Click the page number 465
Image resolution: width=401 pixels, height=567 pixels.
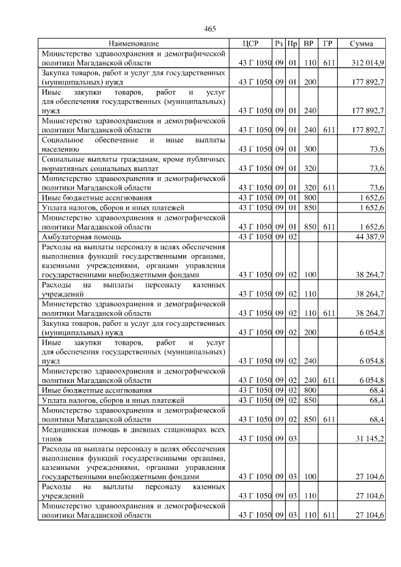point(210,29)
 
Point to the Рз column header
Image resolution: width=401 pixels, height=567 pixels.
point(279,44)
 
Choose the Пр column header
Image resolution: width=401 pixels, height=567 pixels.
point(292,44)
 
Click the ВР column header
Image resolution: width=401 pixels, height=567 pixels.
point(308,44)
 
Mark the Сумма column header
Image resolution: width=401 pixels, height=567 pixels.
point(362,44)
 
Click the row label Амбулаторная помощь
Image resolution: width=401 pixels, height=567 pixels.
point(81,237)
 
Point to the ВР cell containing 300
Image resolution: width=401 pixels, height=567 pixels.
point(308,149)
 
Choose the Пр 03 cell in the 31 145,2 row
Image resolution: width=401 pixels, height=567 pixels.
point(292,439)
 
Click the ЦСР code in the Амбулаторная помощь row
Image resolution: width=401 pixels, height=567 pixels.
point(255,237)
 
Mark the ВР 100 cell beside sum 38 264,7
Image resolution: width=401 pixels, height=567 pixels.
point(308,274)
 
